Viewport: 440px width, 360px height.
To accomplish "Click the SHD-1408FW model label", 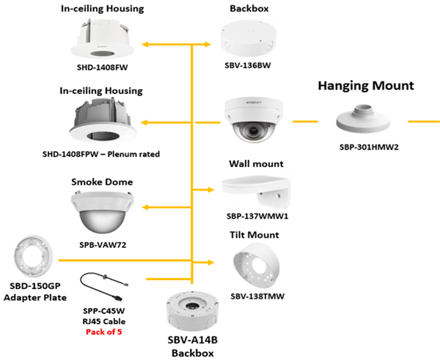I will tap(101, 68).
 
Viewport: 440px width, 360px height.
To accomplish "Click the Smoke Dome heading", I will tap(101, 181).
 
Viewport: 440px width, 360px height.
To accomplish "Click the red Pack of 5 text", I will tap(106, 331).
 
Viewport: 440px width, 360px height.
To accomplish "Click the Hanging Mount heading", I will tap(366, 86).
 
